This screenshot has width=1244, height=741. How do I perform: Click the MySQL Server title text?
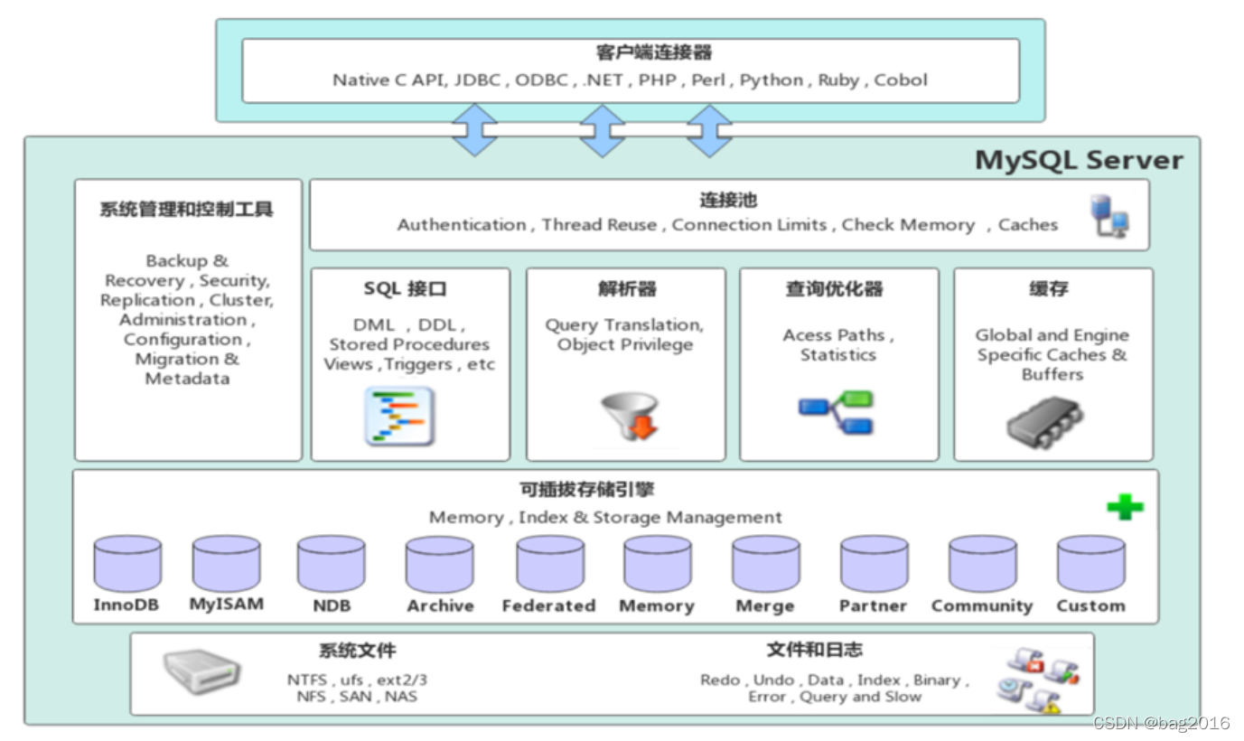point(1079,160)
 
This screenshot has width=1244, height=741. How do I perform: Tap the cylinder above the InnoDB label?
point(127,563)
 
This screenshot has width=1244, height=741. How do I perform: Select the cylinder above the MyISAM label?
point(226,563)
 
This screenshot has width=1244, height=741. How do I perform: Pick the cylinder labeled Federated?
point(550,563)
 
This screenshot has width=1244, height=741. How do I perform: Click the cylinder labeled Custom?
point(1090,563)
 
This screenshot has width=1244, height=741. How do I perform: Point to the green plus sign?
point(1125,507)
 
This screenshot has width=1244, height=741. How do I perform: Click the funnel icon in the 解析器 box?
point(629,415)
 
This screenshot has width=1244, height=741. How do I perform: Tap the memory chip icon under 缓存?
point(1045,421)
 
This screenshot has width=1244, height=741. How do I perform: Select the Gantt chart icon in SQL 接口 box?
point(399,417)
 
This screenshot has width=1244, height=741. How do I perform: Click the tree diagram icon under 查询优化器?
point(836,412)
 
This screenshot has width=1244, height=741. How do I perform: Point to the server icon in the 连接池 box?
point(1108,216)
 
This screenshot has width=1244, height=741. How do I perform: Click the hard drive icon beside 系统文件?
point(201,672)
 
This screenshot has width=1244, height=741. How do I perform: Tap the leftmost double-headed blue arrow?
point(474,130)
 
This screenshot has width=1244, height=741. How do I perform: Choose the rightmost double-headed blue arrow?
point(709,130)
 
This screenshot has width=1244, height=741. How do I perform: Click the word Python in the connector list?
point(772,80)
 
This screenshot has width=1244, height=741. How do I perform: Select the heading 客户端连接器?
point(629,52)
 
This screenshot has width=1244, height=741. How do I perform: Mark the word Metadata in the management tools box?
point(187,379)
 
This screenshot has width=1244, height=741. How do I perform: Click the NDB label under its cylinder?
point(332,605)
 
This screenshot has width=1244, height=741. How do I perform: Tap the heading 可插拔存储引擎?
point(587,490)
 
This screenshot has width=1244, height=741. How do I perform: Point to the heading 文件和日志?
point(814,650)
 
